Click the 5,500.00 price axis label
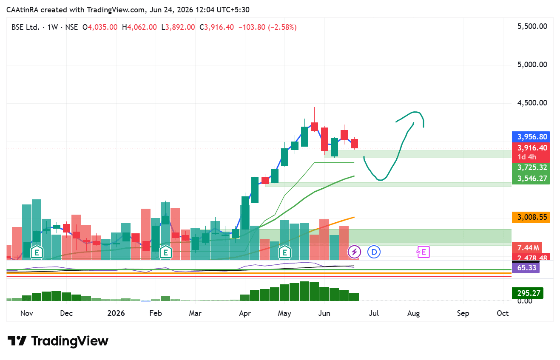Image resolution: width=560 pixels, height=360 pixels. click(532, 26)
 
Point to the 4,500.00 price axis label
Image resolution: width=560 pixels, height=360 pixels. click(532, 103)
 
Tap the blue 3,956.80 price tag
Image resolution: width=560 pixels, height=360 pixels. click(531, 137)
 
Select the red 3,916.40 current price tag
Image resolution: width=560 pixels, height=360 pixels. click(531, 148)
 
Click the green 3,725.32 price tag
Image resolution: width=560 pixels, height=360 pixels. click(531, 167)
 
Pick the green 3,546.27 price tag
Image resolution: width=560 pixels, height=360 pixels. click(531, 179)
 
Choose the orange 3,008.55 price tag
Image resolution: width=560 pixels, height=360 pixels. click(531, 217)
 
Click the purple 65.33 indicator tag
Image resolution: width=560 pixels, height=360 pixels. click(526, 268)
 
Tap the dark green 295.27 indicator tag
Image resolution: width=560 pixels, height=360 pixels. click(528, 293)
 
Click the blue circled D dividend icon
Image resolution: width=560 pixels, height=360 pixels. click(374, 252)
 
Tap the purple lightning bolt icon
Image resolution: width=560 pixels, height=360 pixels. click(354, 252)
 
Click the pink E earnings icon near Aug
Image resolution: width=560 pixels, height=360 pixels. click(423, 252)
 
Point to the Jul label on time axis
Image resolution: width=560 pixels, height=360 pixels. click(374, 313)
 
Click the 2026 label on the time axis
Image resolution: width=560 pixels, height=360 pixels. click(116, 313)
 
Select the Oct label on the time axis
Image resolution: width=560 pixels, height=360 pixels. click(503, 313)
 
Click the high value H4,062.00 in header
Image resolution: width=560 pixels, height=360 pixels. click(139, 27)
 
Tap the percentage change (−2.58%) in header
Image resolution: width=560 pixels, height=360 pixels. click(282, 27)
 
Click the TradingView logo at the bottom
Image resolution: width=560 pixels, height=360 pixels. click(58, 341)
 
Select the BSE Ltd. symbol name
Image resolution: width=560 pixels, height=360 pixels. click(26, 27)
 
